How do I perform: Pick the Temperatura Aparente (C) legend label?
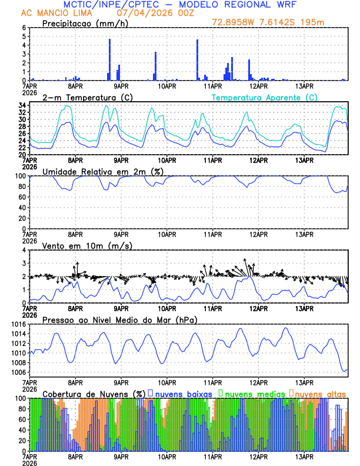(x=264, y=97)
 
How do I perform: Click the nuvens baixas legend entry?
(x=179, y=393)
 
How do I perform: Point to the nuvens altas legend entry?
(x=321, y=393)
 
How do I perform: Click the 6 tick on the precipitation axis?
(x=24, y=28)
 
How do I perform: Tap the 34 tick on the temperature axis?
(x=22, y=105)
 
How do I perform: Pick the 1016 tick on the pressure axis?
(x=18, y=324)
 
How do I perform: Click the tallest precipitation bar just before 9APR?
(x=110, y=59)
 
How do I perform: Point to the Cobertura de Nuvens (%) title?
(x=94, y=393)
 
